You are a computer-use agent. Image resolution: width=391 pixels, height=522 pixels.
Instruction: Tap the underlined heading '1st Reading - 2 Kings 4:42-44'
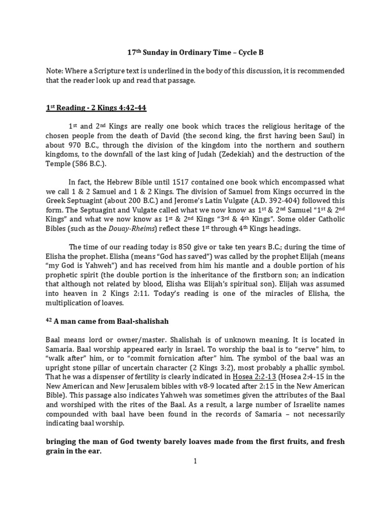(x=97, y=108)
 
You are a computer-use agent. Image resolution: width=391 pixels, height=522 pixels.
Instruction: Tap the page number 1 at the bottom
(x=195, y=461)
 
